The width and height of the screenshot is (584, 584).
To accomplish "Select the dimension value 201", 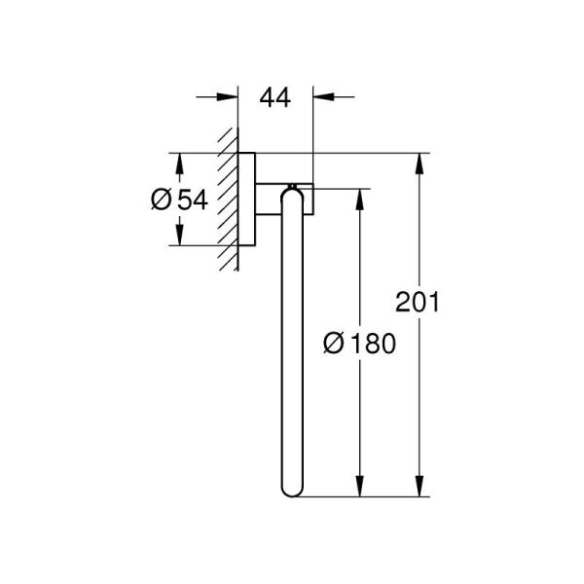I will [x=419, y=302].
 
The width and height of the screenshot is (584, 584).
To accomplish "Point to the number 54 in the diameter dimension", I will [x=194, y=200].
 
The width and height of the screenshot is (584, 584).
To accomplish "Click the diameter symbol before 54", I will [x=162, y=200].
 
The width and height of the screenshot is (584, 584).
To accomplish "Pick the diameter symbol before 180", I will [x=332, y=343].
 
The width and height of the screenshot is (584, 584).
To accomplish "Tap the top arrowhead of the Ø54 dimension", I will [x=177, y=164].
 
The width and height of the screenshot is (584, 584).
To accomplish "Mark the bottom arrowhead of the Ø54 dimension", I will [x=177, y=236].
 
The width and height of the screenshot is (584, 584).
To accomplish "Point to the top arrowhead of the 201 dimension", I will [x=420, y=164].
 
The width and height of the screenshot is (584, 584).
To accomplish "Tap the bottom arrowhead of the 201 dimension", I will [x=420, y=487].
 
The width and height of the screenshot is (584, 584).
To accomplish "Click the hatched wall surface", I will [x=228, y=200].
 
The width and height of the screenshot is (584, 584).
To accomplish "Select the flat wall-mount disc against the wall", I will [x=247, y=200].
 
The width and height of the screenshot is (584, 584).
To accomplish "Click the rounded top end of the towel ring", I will [x=291, y=195].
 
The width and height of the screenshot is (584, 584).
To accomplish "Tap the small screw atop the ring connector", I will [x=291, y=182].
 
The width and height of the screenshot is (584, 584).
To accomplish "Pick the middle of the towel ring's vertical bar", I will [x=291, y=341].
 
